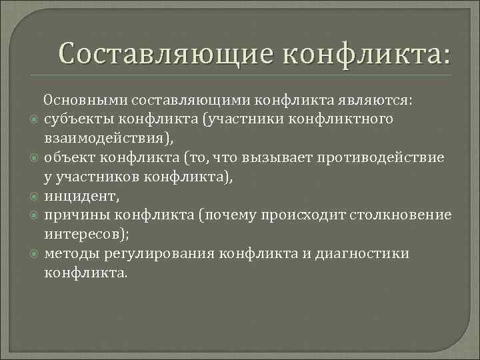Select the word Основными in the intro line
(x=86, y=100)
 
